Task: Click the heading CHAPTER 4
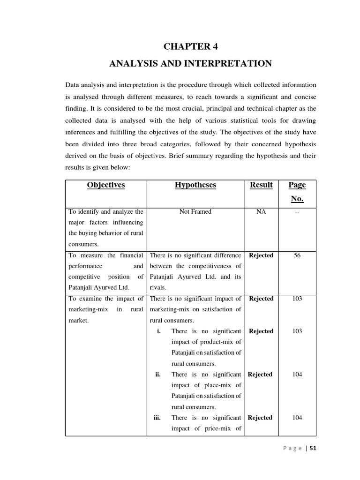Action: coord(191,46)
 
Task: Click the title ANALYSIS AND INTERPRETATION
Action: coord(190,63)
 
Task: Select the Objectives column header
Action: coord(106,185)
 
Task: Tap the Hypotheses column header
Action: coord(195,185)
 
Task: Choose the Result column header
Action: coord(261,185)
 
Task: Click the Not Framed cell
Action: coord(195,212)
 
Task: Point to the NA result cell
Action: coord(261,212)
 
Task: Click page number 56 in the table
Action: coord(297,255)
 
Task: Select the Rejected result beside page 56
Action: coord(261,255)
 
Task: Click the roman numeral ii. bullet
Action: coord(158,375)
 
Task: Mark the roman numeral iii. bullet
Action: coord(157,418)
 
